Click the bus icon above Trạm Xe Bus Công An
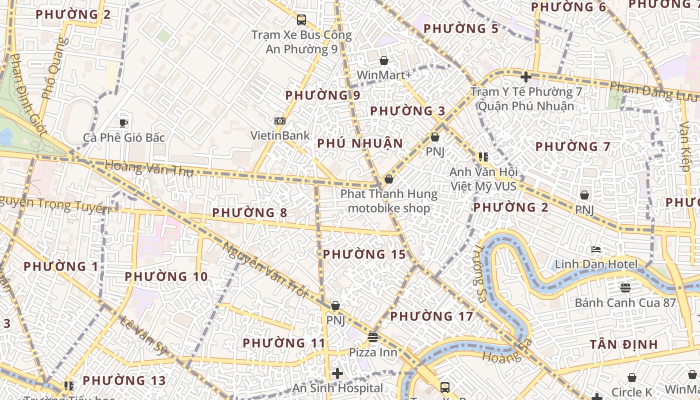[301, 20]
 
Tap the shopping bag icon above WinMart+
[384, 60]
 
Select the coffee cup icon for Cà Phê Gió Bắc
[123, 122]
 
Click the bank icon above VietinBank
[280, 121]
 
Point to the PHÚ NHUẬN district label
[360, 143]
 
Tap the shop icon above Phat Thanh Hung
[388, 178]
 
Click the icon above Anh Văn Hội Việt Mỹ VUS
[483, 157]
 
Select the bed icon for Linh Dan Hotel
[595, 249]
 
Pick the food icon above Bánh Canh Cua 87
[625, 287]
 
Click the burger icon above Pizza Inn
[372, 337]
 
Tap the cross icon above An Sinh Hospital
[337, 373]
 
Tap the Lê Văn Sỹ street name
[143, 335]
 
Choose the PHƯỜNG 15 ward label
[364, 254]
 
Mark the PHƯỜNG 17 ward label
[431, 316]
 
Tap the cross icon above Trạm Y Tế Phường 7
[525, 77]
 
